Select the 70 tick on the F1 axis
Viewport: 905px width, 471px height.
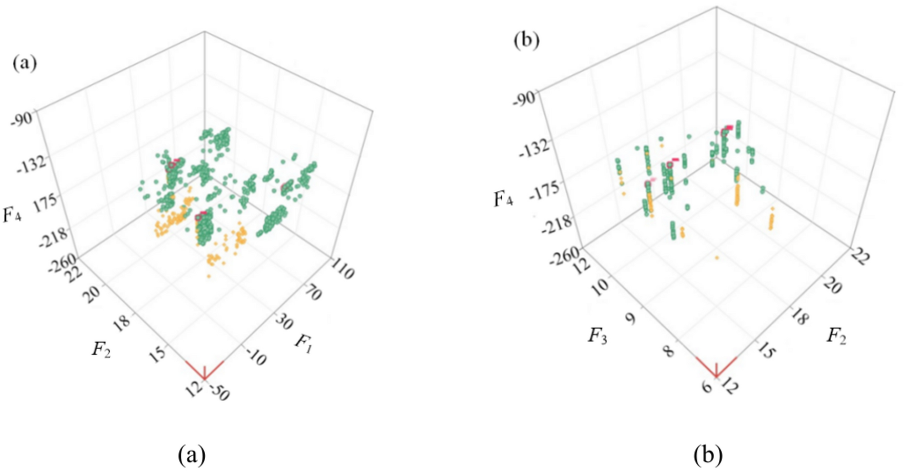(311, 293)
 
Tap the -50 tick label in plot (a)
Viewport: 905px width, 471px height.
(220, 393)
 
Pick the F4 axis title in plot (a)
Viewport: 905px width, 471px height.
(12, 214)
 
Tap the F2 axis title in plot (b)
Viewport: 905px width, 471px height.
(836, 336)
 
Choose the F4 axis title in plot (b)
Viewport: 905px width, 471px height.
(503, 199)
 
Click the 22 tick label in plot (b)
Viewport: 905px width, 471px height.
(860, 256)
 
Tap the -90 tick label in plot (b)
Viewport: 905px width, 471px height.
(525, 99)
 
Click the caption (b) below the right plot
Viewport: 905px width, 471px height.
(707, 455)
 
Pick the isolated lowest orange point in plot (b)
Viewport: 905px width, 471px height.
(717, 258)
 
